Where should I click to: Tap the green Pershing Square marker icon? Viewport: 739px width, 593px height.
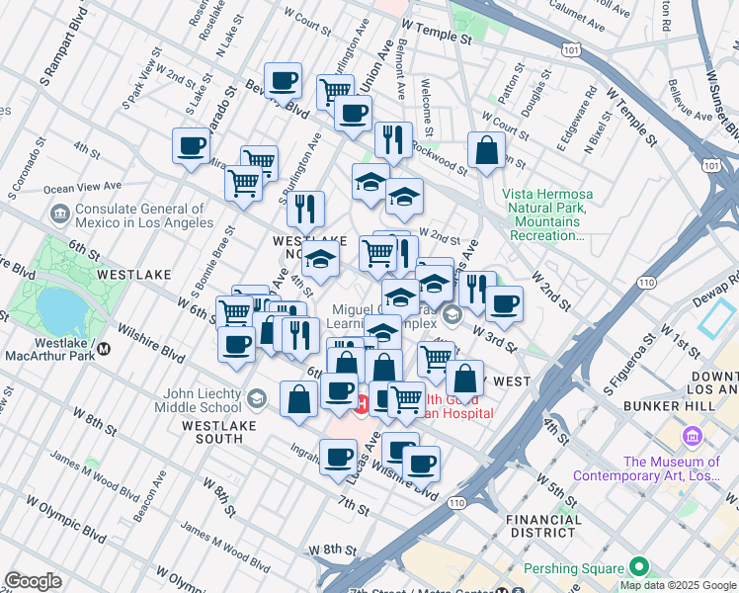pyautogui.click(x=639, y=567)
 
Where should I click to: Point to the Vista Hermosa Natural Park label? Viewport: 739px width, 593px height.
pyautogui.click(x=544, y=215)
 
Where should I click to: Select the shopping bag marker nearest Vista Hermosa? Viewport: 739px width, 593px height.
pyautogui.click(x=486, y=152)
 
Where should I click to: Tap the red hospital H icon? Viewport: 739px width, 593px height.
pyautogui.click(x=362, y=403)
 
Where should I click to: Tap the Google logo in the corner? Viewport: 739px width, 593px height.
pyautogui.click(x=33, y=581)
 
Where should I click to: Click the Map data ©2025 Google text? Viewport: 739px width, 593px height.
pyautogui.click(x=677, y=585)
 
